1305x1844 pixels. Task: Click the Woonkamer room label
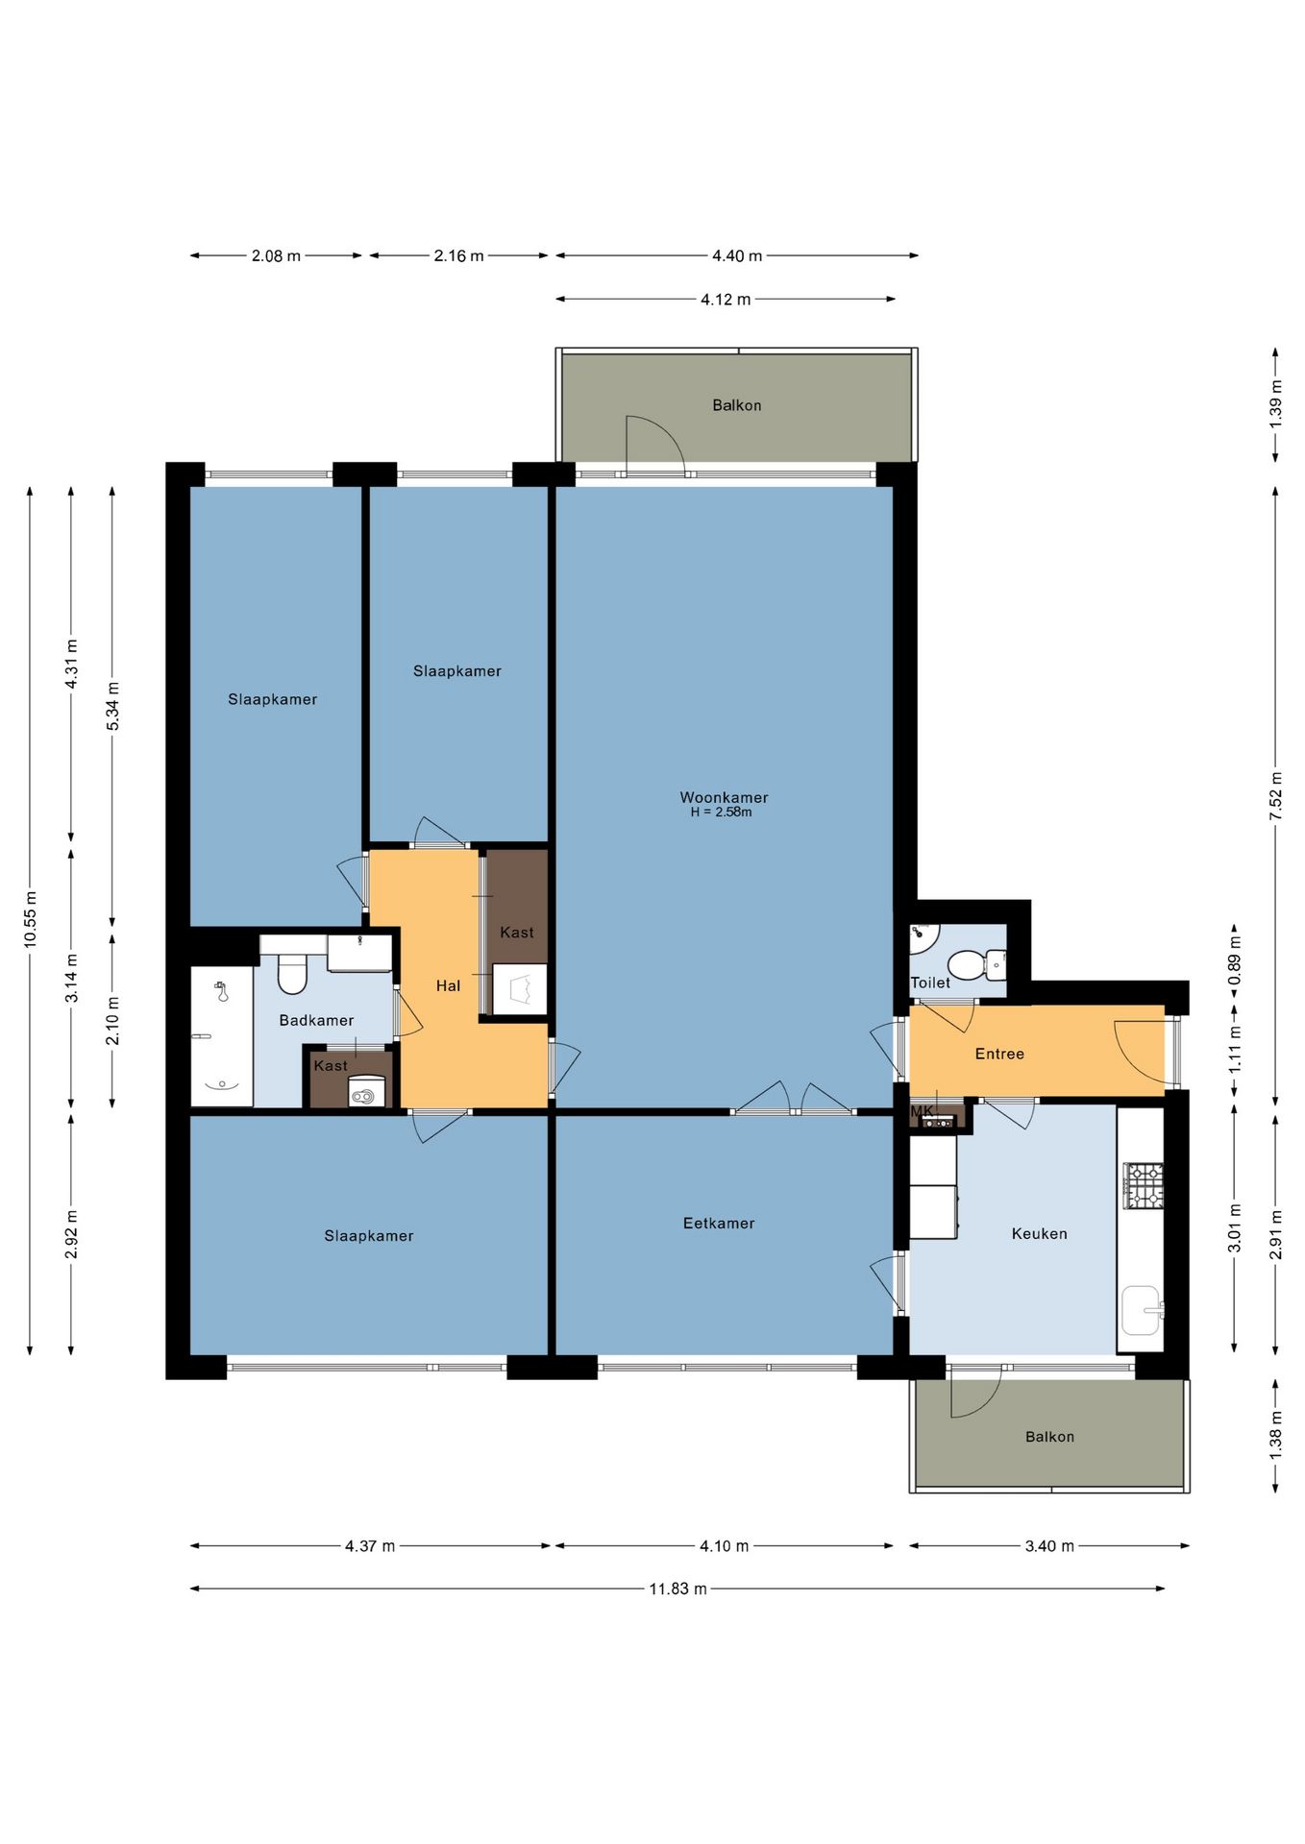[x=724, y=797]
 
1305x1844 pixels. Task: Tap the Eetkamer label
[x=719, y=1223]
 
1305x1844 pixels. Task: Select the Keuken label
[x=1039, y=1233]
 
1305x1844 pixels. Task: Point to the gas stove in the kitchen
[x=1144, y=1185]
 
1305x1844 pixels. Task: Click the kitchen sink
[x=1143, y=1310]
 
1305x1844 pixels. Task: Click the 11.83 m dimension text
[x=677, y=1589]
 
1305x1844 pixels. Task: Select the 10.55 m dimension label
[x=31, y=919]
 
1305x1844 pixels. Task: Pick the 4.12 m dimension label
[x=726, y=300]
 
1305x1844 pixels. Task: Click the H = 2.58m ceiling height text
[x=721, y=813]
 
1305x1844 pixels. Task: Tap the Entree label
[x=999, y=1054]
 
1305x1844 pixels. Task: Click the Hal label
[x=448, y=985]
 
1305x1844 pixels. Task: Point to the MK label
[x=922, y=1111]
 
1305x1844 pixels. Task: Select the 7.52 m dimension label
[x=1275, y=796]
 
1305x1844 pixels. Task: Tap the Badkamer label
[x=316, y=1020]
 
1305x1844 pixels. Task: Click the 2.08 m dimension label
[x=276, y=256]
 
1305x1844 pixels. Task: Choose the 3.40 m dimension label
[x=1049, y=1546]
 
